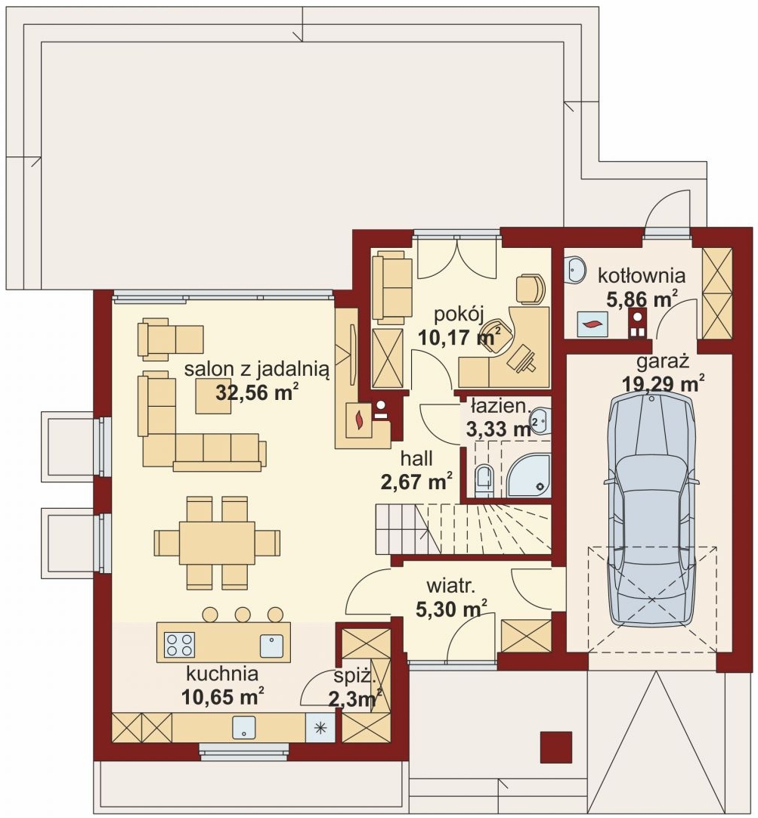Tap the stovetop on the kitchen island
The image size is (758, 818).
pos(179,644)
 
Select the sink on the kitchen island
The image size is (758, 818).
pos(271,646)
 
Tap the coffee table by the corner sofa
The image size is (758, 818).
pos(213,396)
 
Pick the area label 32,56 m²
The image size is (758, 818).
pos(257,392)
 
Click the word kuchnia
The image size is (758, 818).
pos(222,674)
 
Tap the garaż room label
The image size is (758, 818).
pos(663,361)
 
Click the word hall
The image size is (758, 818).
pos(416,459)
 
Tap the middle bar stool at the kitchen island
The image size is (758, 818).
pos(243,614)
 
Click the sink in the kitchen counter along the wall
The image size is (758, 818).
pos(244,727)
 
